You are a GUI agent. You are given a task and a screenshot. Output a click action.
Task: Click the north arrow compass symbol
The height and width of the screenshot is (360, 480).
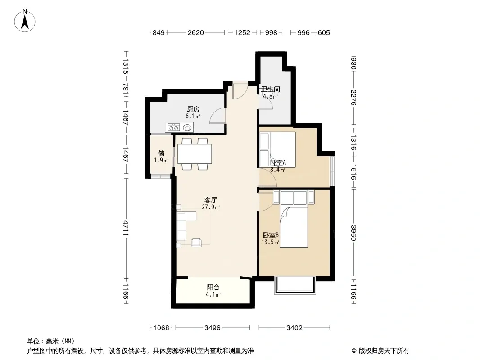point(25,21)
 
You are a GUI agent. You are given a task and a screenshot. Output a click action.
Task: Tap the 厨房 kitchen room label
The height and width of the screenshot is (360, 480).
point(193,109)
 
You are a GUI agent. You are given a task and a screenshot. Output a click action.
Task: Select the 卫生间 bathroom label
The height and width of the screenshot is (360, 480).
point(271,89)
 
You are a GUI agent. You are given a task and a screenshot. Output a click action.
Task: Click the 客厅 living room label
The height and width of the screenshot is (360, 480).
point(211,200)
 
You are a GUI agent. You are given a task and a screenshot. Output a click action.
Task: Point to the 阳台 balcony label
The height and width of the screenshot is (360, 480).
point(213,288)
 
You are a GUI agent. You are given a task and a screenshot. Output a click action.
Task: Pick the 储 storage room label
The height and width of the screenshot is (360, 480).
point(161,153)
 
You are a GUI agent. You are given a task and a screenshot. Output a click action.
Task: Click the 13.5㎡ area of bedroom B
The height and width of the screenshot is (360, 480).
point(270,243)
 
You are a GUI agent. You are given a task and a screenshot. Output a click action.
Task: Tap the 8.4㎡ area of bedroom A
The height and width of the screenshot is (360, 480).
point(277,170)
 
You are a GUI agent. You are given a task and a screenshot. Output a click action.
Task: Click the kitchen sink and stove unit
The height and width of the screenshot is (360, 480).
point(179,127)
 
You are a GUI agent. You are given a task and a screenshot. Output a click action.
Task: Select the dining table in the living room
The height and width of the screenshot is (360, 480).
point(195,154)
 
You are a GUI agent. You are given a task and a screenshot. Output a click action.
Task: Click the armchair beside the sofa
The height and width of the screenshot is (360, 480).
point(196,243)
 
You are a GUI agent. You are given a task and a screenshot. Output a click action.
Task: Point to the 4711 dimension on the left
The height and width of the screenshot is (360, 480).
point(126,228)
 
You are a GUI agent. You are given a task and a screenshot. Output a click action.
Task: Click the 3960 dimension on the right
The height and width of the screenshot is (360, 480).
point(353,233)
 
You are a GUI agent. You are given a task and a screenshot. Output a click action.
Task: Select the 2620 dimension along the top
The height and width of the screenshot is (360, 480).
point(195,33)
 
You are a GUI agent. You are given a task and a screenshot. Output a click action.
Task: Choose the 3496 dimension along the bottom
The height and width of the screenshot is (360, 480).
point(213,328)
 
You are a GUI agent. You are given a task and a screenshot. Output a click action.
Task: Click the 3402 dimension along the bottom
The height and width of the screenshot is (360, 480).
point(294,328)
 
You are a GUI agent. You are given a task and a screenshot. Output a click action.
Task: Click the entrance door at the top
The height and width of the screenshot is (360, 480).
point(240,90)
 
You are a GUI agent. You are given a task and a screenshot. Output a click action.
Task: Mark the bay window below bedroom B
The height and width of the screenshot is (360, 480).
point(295,285)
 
